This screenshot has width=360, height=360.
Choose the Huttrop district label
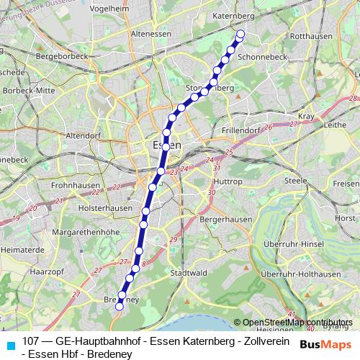230,183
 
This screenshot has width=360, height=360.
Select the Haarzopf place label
48,271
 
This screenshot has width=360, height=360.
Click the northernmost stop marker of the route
240,34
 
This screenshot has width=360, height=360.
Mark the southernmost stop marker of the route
119,306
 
